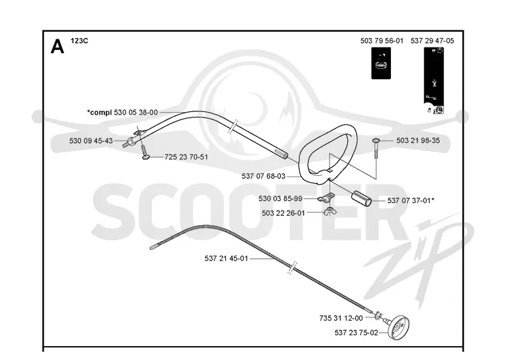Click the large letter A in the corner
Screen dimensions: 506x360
(58, 47)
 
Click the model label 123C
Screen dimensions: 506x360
(80, 41)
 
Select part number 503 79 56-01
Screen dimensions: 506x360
(382, 40)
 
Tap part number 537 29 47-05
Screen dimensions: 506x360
(432, 40)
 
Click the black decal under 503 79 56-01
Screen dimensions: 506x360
(381, 63)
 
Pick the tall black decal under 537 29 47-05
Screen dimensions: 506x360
(434, 80)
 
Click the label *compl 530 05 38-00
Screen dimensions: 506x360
(122, 113)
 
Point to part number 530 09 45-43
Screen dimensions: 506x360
(91, 140)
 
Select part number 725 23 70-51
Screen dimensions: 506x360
(186, 157)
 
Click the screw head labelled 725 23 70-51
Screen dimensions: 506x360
(146, 157)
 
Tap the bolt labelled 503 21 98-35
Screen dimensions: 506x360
(376, 148)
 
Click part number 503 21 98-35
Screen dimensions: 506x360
(418, 140)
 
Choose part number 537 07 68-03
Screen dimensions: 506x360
(264, 177)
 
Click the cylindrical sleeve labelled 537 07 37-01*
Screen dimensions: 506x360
(361, 198)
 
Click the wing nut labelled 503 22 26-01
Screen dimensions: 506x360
(328, 212)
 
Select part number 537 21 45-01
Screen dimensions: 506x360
(226, 259)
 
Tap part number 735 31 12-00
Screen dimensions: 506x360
(341, 318)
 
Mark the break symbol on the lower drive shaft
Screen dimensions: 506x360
(292, 268)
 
